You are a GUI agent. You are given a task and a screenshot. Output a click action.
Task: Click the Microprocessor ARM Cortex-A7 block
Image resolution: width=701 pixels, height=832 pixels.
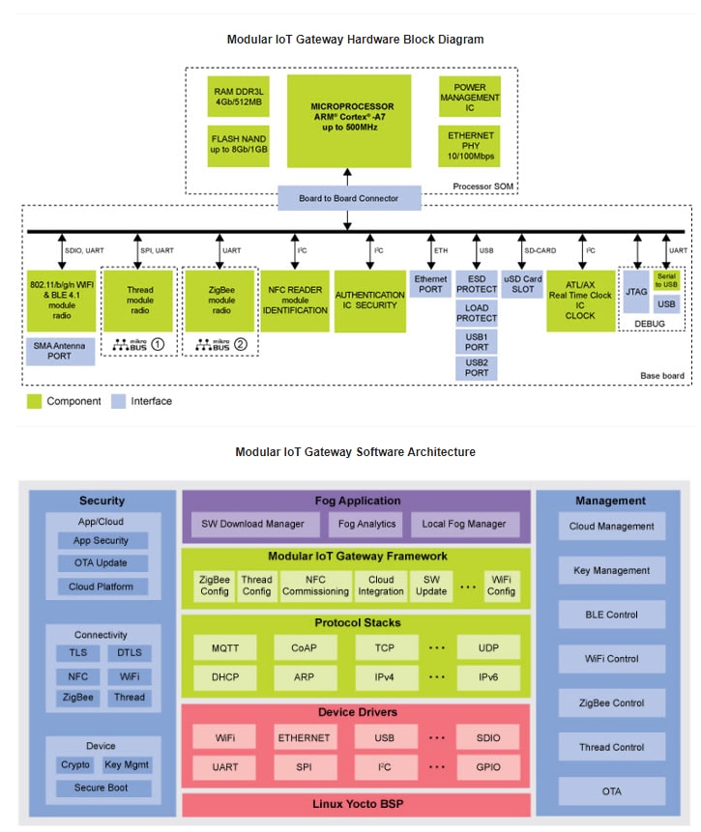[x=348, y=121]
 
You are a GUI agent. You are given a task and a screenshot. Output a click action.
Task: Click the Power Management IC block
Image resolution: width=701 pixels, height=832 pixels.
[x=470, y=97]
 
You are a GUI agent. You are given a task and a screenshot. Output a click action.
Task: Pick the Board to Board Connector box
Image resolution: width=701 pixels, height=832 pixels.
[x=349, y=198]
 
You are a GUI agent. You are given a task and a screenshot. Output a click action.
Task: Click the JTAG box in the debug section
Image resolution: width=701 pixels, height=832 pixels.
[x=635, y=290]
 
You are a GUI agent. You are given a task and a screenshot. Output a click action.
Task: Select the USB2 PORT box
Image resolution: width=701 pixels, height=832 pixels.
[x=476, y=367]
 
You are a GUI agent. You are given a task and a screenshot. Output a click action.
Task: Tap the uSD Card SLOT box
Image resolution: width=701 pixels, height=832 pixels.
[x=522, y=284]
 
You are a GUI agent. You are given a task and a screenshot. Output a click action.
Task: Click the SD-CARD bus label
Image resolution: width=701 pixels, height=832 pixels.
[x=540, y=250]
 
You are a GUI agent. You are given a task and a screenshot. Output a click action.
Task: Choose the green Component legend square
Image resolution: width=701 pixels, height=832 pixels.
[x=34, y=401]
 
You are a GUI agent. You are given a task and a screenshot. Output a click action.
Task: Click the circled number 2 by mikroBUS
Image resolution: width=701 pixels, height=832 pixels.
[x=240, y=343]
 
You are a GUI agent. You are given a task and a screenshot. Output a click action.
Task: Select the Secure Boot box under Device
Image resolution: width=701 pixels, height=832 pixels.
[x=101, y=788]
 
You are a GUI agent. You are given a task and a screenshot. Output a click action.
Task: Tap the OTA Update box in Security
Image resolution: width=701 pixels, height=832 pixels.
[x=101, y=563]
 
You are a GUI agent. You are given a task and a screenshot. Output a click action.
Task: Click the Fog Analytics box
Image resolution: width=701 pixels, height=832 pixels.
[x=367, y=524]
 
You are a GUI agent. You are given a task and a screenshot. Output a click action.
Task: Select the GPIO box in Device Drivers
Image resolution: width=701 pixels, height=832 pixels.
[x=488, y=767]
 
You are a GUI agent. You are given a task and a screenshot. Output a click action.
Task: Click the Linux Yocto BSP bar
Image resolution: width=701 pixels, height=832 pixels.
[x=356, y=804]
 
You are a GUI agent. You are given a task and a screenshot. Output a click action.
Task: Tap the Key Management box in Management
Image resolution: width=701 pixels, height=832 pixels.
[x=611, y=570]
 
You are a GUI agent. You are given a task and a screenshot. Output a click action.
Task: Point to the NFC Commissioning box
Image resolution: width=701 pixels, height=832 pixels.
[x=315, y=586]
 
